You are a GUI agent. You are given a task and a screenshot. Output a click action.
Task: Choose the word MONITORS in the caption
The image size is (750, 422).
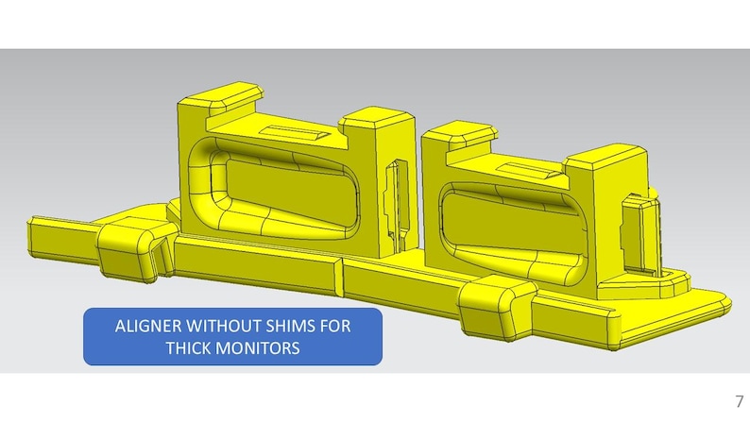point(258,346)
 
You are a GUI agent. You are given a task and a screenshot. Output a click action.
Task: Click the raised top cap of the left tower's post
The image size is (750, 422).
point(378,118)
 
